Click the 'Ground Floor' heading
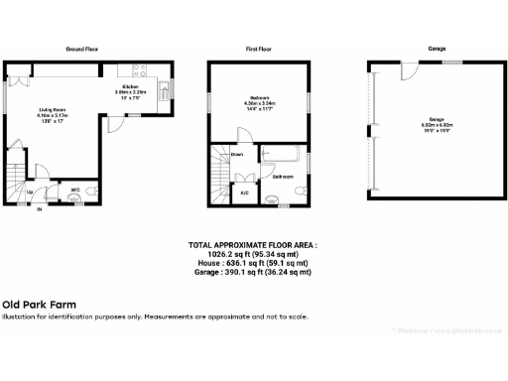80,48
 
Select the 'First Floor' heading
258,48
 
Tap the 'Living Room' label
53,110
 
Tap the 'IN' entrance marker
40,209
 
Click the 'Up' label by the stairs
30,190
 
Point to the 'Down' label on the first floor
237,155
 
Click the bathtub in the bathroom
281,155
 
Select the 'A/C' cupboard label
244,192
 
